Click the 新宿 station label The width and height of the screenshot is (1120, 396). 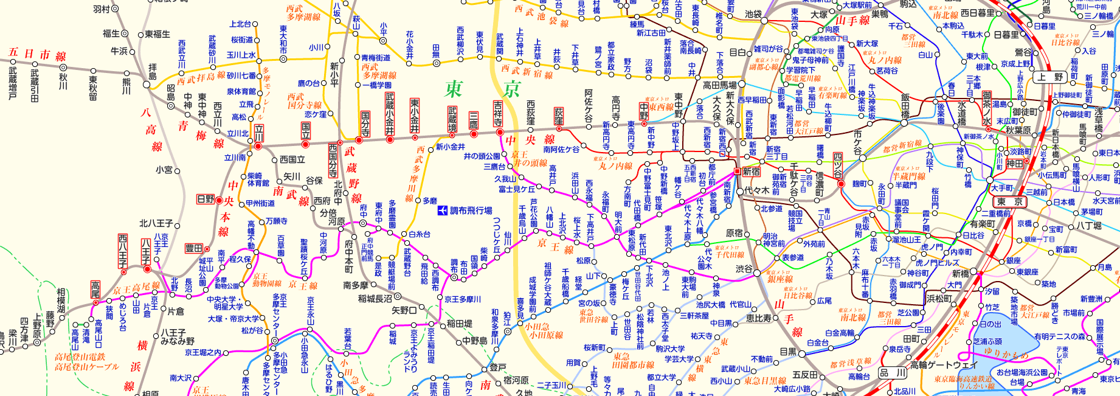click(752, 172)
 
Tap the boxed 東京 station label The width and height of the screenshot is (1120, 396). click(1009, 201)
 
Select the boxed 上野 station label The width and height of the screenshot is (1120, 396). click(1050, 77)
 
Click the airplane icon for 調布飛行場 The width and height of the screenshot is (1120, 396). click(443, 210)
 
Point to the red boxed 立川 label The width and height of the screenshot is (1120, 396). click(259, 133)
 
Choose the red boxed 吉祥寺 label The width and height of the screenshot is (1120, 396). click(498, 113)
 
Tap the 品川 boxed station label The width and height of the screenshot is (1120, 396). click(893, 372)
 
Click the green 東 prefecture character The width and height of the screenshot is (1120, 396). click(454, 89)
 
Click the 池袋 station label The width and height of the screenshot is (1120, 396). click(753, 14)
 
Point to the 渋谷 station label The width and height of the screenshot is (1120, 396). click(744, 268)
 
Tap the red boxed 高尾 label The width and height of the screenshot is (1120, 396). click(95, 290)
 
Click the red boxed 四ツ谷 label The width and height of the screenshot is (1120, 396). click(838, 165)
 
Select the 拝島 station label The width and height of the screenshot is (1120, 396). click(153, 71)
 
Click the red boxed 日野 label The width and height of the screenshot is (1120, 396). click(206, 199)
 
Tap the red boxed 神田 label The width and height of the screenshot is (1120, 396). click(1014, 164)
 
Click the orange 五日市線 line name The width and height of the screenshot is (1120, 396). click(37, 54)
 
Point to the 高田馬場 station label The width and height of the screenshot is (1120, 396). click(719, 85)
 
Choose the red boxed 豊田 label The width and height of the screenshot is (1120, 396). click(194, 248)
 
